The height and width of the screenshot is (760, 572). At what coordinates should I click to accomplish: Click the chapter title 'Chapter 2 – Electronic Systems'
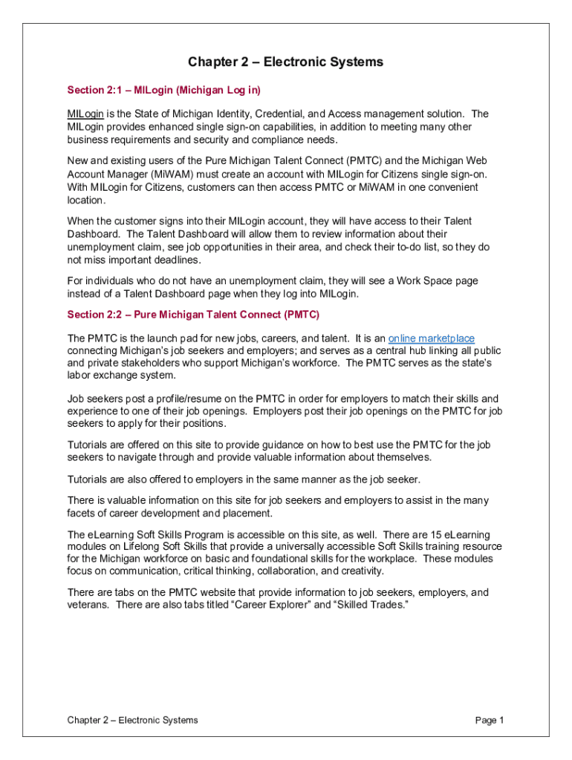pos(285,62)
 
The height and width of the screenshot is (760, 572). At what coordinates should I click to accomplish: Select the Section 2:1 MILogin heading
pos(163,90)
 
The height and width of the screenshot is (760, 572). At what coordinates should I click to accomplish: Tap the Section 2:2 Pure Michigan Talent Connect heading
pos(193,315)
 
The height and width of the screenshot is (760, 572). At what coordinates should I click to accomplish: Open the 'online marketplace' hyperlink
pos(432,338)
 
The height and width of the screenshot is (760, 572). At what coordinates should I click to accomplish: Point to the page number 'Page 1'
pos(490,720)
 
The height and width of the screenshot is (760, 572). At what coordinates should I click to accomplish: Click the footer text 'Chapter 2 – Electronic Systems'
pos(132,720)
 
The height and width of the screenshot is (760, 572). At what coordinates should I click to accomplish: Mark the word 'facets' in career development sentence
pos(81,514)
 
